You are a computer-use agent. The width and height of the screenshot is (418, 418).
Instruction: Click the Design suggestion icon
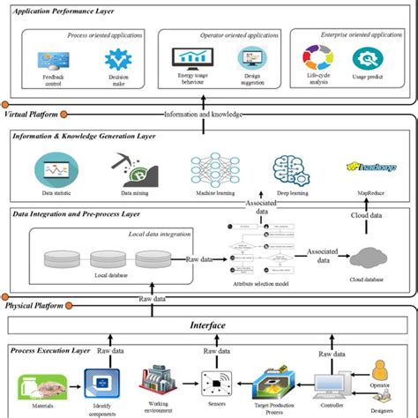[x=251, y=60]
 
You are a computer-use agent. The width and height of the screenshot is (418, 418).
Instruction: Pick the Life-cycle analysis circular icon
[x=319, y=59]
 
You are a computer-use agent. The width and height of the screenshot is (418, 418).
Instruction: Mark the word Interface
[x=208, y=325]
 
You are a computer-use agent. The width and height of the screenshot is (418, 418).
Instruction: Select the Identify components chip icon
[x=99, y=381]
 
